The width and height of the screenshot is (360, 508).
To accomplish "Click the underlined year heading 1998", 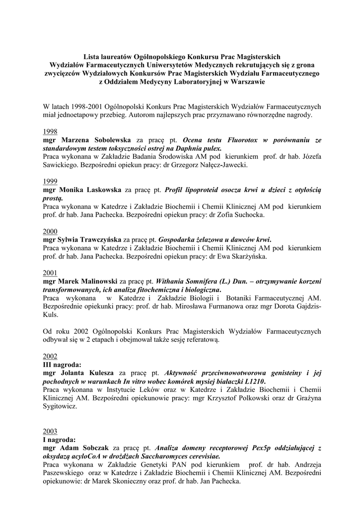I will click(x=50, y=131).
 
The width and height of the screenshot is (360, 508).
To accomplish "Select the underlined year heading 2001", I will click(x=50, y=273).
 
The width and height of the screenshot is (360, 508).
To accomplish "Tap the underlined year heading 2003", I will click(x=50, y=431).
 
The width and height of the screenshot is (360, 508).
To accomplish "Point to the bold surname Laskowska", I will click(x=100, y=190).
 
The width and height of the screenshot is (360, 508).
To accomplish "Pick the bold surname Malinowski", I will click(x=97, y=281).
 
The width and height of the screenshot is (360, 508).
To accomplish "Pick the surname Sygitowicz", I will click(x=60, y=406).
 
